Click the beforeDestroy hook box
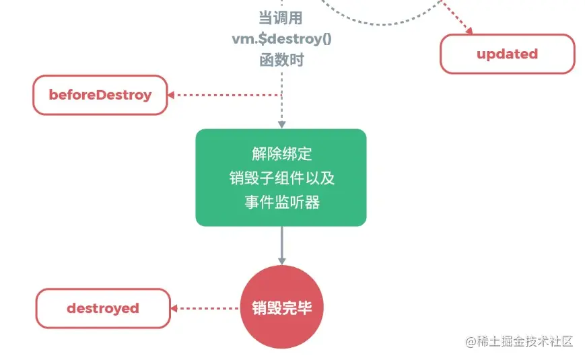[x=100, y=95]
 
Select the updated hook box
[x=507, y=54]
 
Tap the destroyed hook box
[x=103, y=308]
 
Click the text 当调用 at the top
[x=281, y=17]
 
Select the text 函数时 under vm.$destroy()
[x=281, y=60]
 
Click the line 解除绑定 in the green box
[x=281, y=154]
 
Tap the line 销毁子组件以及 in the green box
[x=281, y=178]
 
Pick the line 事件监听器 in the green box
[x=281, y=201]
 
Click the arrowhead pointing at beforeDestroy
[x=172, y=95]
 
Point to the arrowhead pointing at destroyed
[x=174, y=308]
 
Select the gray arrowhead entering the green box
[x=282, y=124]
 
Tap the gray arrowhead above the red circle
[x=282, y=260]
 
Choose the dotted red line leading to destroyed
[x=209, y=308]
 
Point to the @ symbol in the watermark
[x=472, y=342]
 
